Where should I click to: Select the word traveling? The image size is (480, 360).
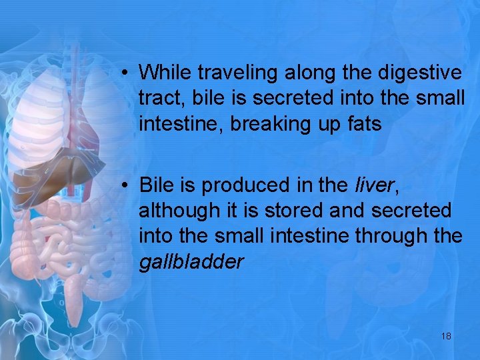(228, 72)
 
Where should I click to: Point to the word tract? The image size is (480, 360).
(155, 98)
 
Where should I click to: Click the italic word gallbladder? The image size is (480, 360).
(191, 262)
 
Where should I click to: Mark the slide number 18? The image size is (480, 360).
(446, 335)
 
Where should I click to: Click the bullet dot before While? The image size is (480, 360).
(125, 72)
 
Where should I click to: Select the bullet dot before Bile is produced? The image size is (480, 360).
(125, 185)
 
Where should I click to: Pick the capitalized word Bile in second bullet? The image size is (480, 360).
(156, 184)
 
